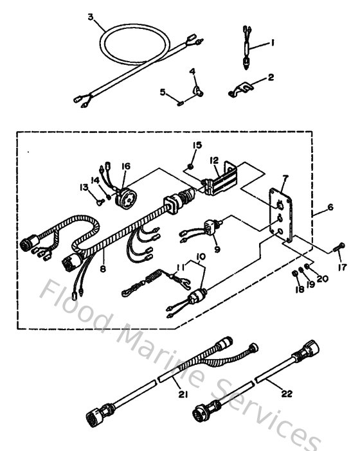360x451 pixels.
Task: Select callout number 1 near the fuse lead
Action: coord(272,43)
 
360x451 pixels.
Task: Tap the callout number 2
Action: coord(271,77)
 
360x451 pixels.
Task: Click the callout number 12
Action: coord(214,161)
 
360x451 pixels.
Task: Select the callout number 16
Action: coord(125,166)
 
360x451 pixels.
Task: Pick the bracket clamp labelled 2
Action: coord(239,92)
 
